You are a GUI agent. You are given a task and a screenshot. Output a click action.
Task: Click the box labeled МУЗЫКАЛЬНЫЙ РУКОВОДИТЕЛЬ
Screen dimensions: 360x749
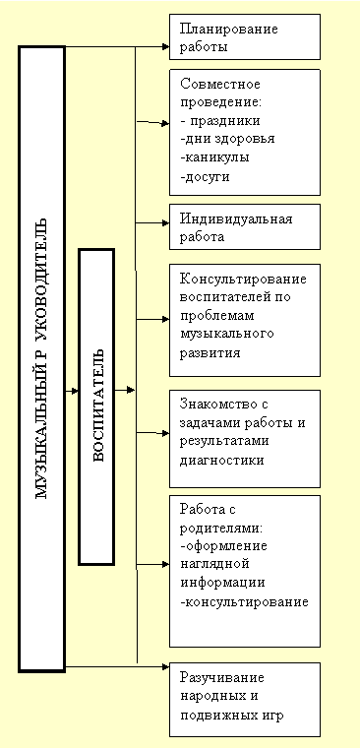point(41,358)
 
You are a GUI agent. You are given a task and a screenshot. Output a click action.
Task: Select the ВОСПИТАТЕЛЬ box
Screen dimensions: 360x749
point(96,406)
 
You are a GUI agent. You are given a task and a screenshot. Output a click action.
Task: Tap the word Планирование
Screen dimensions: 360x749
point(229,30)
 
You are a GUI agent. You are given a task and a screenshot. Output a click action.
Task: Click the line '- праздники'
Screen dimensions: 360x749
point(220,121)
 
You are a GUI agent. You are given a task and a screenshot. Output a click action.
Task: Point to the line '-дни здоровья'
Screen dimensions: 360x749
point(228,139)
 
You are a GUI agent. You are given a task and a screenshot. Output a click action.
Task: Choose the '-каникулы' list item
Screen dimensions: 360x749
point(214,157)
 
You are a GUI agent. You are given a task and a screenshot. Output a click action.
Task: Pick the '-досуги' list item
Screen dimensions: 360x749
point(206,176)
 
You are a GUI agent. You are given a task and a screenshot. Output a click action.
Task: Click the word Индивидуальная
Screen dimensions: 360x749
point(236,218)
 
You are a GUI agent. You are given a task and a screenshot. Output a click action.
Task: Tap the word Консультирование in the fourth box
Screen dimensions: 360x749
point(244,279)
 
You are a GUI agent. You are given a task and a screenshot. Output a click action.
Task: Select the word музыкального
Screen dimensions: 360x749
point(227,333)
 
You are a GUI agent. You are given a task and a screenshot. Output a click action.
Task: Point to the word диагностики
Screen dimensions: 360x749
point(222,460)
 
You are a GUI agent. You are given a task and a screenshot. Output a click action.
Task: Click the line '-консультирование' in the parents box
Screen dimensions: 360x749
point(245,601)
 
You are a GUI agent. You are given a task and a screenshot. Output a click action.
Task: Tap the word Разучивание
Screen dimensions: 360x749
point(222,678)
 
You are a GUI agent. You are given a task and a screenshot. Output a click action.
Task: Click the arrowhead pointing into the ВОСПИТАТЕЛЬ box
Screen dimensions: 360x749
point(75,391)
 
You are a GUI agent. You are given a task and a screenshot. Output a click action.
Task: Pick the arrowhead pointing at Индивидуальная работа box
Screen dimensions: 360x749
point(165,222)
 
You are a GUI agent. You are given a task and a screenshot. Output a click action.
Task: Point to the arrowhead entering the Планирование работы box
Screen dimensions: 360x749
point(165,47)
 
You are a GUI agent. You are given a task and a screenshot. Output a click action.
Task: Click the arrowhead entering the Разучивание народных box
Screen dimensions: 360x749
point(165,666)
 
